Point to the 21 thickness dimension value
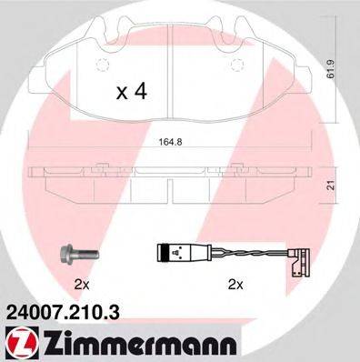(x=342, y=185)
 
